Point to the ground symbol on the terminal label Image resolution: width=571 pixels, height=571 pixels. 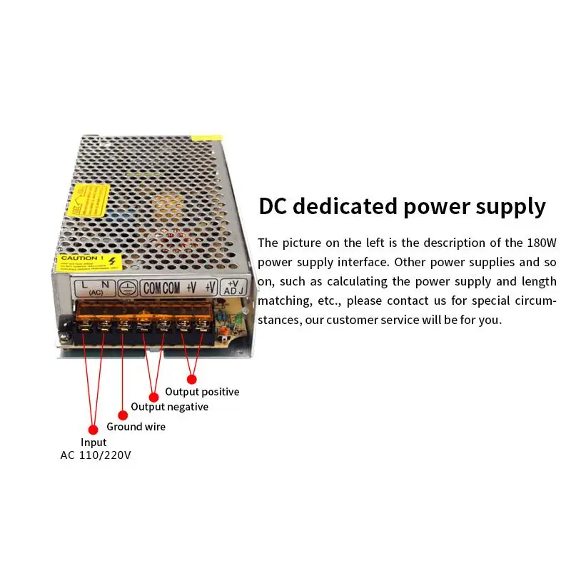(126, 288)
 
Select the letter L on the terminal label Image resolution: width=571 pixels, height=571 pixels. (85, 284)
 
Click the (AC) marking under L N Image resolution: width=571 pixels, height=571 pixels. (94, 293)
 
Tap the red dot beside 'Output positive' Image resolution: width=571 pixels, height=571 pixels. (191, 378)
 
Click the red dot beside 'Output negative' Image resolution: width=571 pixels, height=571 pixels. (153, 397)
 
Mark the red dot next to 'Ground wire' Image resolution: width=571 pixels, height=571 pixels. (122, 415)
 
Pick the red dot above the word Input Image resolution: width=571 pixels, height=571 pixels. (92, 429)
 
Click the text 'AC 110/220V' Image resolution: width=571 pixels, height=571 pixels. (96, 455)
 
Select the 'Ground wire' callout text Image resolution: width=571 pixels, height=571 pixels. (136, 427)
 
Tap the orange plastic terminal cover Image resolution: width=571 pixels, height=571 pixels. (143, 310)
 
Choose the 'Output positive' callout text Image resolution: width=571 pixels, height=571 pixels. (202, 392)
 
